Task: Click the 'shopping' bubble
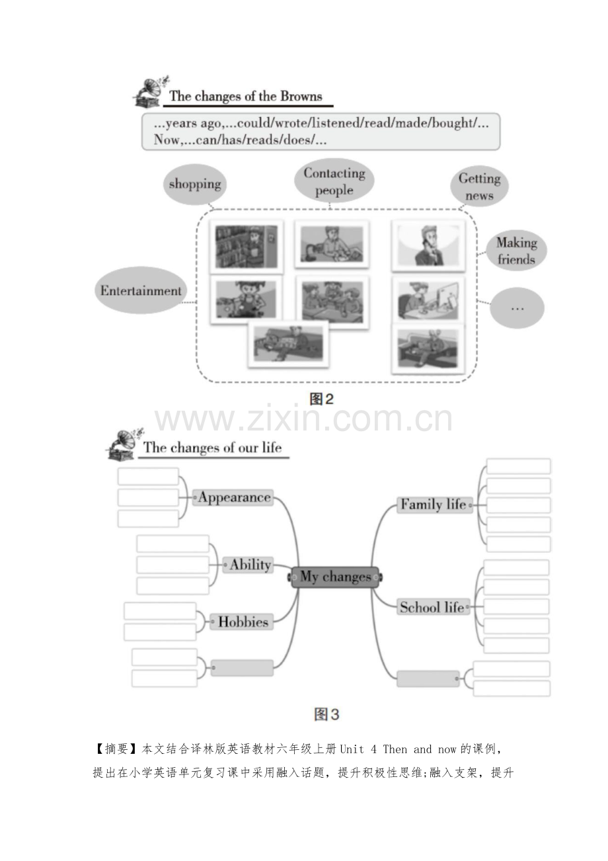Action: pos(195,184)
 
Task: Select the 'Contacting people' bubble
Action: pos(334,181)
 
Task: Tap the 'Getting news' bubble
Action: pos(479,186)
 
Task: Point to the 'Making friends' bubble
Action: pos(516,251)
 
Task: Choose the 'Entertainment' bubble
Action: pos(141,290)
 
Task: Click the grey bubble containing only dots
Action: pos(517,308)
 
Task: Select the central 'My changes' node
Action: pos(335,577)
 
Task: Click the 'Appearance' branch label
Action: pos(233,497)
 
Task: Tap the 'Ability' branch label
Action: pos(248,565)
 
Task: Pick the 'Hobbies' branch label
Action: pos(242,622)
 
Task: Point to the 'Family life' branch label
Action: pos(434,505)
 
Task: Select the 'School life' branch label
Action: pos(434,607)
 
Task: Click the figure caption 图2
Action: pos(321,399)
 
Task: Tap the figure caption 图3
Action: pos(326,715)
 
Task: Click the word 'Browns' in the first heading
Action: pos(301,96)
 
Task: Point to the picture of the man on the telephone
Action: pos(428,245)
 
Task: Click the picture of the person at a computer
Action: pos(428,300)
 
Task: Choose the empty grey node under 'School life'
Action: pos(428,678)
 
